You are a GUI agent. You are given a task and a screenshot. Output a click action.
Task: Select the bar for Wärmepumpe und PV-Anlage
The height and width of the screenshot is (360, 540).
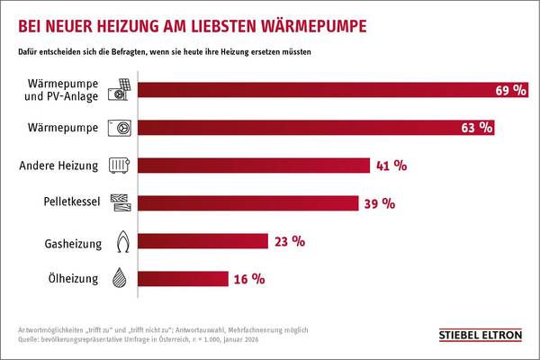click(x=315, y=91)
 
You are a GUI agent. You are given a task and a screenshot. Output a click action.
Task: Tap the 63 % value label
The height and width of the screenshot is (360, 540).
click(x=476, y=128)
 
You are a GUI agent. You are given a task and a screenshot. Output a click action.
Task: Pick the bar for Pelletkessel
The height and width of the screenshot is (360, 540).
click(x=247, y=202)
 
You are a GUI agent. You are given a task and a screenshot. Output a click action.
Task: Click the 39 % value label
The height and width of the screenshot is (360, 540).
click(x=378, y=203)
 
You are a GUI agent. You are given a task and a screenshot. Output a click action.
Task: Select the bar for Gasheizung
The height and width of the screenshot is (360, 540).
click(x=202, y=241)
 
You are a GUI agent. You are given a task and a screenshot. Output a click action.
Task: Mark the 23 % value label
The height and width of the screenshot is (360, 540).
click(x=289, y=241)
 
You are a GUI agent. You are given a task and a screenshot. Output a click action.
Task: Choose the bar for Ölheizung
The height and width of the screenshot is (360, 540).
click(x=185, y=279)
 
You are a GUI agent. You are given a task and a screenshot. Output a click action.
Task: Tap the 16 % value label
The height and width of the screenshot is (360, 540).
click(x=247, y=279)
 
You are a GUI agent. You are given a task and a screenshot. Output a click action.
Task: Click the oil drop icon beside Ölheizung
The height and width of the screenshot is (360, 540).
click(x=120, y=279)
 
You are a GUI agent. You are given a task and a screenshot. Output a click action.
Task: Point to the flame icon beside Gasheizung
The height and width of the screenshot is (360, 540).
click(x=120, y=241)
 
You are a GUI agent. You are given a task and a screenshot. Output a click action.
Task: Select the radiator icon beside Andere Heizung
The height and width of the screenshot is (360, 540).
click(x=120, y=166)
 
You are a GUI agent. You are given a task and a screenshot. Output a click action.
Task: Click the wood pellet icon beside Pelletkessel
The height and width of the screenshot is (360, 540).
click(x=120, y=202)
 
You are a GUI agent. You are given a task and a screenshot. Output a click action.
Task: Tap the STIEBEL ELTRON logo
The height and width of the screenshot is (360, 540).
click(x=478, y=336)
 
